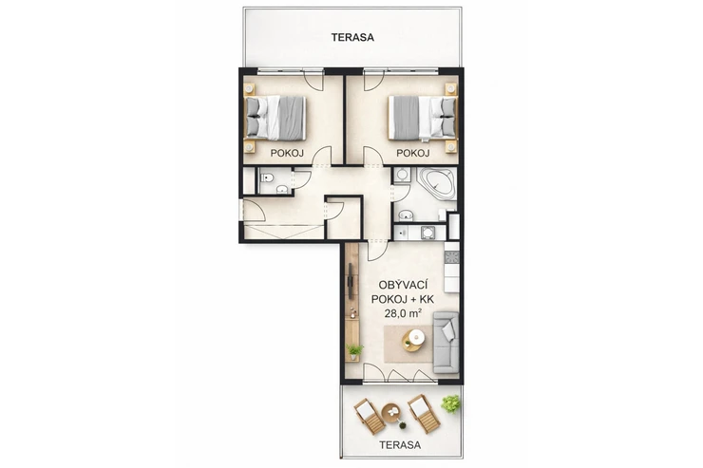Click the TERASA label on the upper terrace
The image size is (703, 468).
click(352, 37)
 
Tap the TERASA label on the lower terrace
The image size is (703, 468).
click(400, 445)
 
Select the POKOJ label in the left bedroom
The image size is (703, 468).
click(287, 153)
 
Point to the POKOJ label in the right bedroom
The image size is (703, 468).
click(413, 153)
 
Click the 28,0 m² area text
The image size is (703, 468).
click(403, 313)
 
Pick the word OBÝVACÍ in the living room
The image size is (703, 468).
click(403, 285)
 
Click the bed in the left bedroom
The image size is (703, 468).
click(275, 118)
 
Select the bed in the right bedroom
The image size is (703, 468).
click(423, 118)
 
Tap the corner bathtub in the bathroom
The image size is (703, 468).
click(437, 182)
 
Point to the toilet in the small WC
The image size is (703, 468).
click(267, 178)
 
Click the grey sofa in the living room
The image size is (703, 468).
click(446, 343)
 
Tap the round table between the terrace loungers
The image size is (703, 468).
click(393, 413)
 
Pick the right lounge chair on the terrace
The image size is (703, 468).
click(424, 413)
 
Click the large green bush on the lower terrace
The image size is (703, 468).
click(450, 404)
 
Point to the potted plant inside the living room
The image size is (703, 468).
click(354, 351)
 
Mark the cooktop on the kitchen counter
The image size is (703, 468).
click(451, 257)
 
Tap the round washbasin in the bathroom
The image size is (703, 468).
click(407, 215)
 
